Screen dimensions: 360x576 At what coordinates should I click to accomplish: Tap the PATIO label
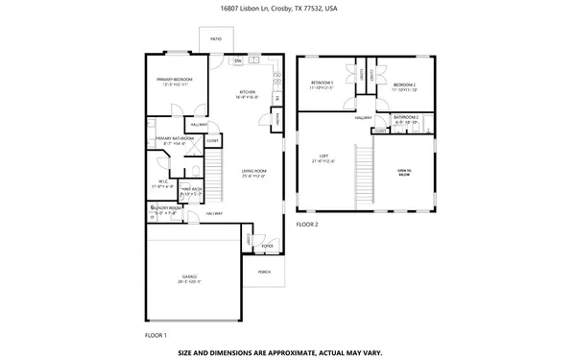215,39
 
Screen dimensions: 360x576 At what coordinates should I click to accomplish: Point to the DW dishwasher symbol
238,61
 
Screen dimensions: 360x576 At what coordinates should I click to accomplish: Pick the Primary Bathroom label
174,139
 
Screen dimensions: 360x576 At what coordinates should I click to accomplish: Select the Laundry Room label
165,208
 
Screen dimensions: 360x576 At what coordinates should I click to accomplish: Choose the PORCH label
264,272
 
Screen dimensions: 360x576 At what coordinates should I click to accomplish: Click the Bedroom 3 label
322,84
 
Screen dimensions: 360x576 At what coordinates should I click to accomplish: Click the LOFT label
324,156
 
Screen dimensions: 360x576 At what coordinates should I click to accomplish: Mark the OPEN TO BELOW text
404,172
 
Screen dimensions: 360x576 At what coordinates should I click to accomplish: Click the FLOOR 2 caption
307,224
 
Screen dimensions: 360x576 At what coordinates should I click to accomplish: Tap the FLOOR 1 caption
156,335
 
